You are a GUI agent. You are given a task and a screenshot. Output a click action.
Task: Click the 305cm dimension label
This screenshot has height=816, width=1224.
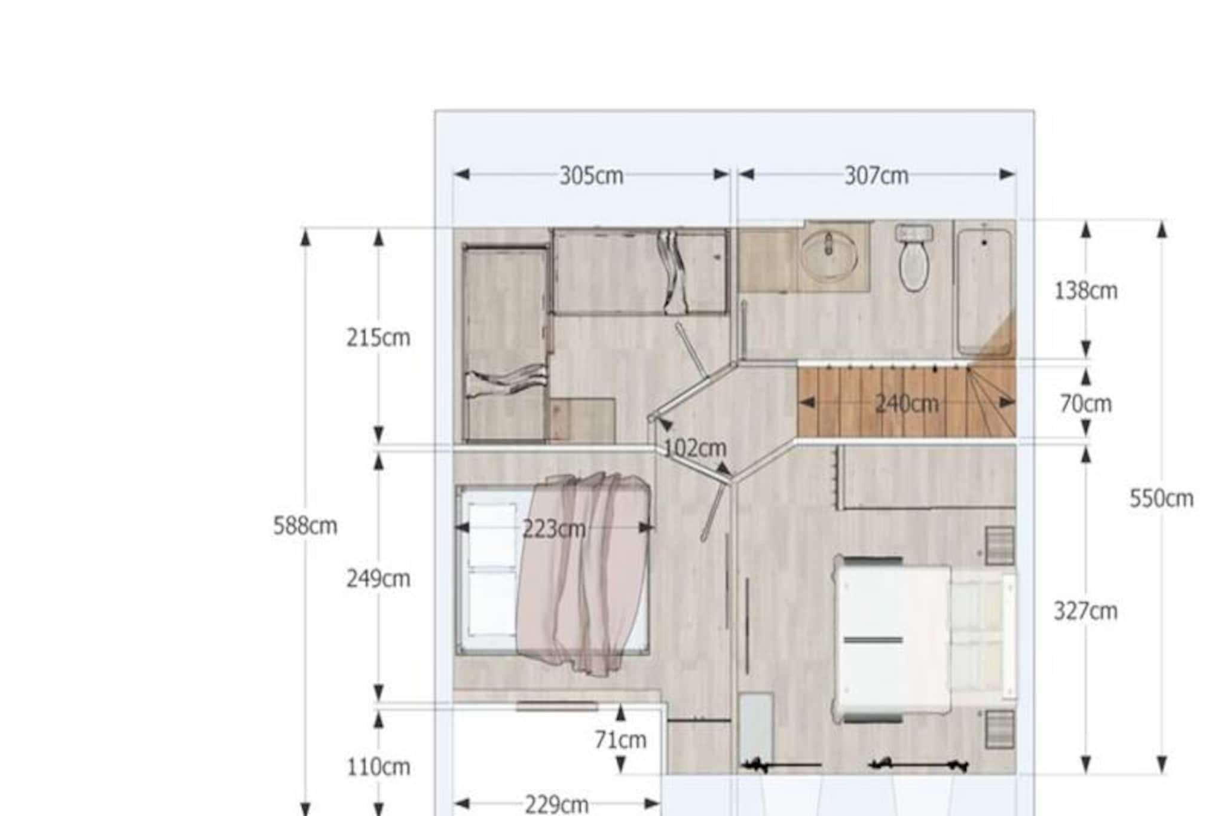(x=591, y=176)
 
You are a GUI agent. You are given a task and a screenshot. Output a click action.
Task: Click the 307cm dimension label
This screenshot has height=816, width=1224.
(x=876, y=176)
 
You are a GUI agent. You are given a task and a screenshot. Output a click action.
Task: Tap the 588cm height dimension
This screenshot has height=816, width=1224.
(x=305, y=526)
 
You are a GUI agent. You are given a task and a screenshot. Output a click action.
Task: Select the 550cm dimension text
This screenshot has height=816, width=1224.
(x=1161, y=499)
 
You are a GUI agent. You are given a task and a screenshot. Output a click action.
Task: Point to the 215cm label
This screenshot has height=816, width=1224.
(x=378, y=338)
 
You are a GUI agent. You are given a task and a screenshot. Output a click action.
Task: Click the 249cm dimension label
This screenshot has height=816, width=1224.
(x=378, y=579)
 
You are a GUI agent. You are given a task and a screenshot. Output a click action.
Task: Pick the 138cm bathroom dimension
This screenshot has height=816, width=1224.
(x=1085, y=291)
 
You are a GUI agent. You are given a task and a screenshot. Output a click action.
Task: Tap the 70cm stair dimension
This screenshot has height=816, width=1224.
(x=1085, y=404)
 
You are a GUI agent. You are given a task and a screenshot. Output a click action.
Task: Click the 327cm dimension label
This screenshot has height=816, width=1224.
(x=1085, y=611)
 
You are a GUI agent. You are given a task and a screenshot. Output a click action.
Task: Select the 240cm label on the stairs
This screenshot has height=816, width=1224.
(x=907, y=404)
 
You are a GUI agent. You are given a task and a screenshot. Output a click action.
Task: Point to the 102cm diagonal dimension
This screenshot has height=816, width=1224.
(x=695, y=448)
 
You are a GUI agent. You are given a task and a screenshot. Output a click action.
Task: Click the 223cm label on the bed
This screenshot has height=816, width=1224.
(x=554, y=529)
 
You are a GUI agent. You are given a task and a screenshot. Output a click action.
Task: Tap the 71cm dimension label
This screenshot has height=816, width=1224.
(x=620, y=740)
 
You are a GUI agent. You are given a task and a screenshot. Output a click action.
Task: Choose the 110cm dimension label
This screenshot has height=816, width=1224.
(x=378, y=766)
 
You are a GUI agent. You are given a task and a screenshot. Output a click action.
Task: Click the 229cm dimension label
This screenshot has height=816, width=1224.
(x=556, y=805)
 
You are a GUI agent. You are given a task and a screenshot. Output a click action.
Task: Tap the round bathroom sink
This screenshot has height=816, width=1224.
(x=829, y=255)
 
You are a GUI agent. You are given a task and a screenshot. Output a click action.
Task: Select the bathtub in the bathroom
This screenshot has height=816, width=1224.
(x=983, y=291)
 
